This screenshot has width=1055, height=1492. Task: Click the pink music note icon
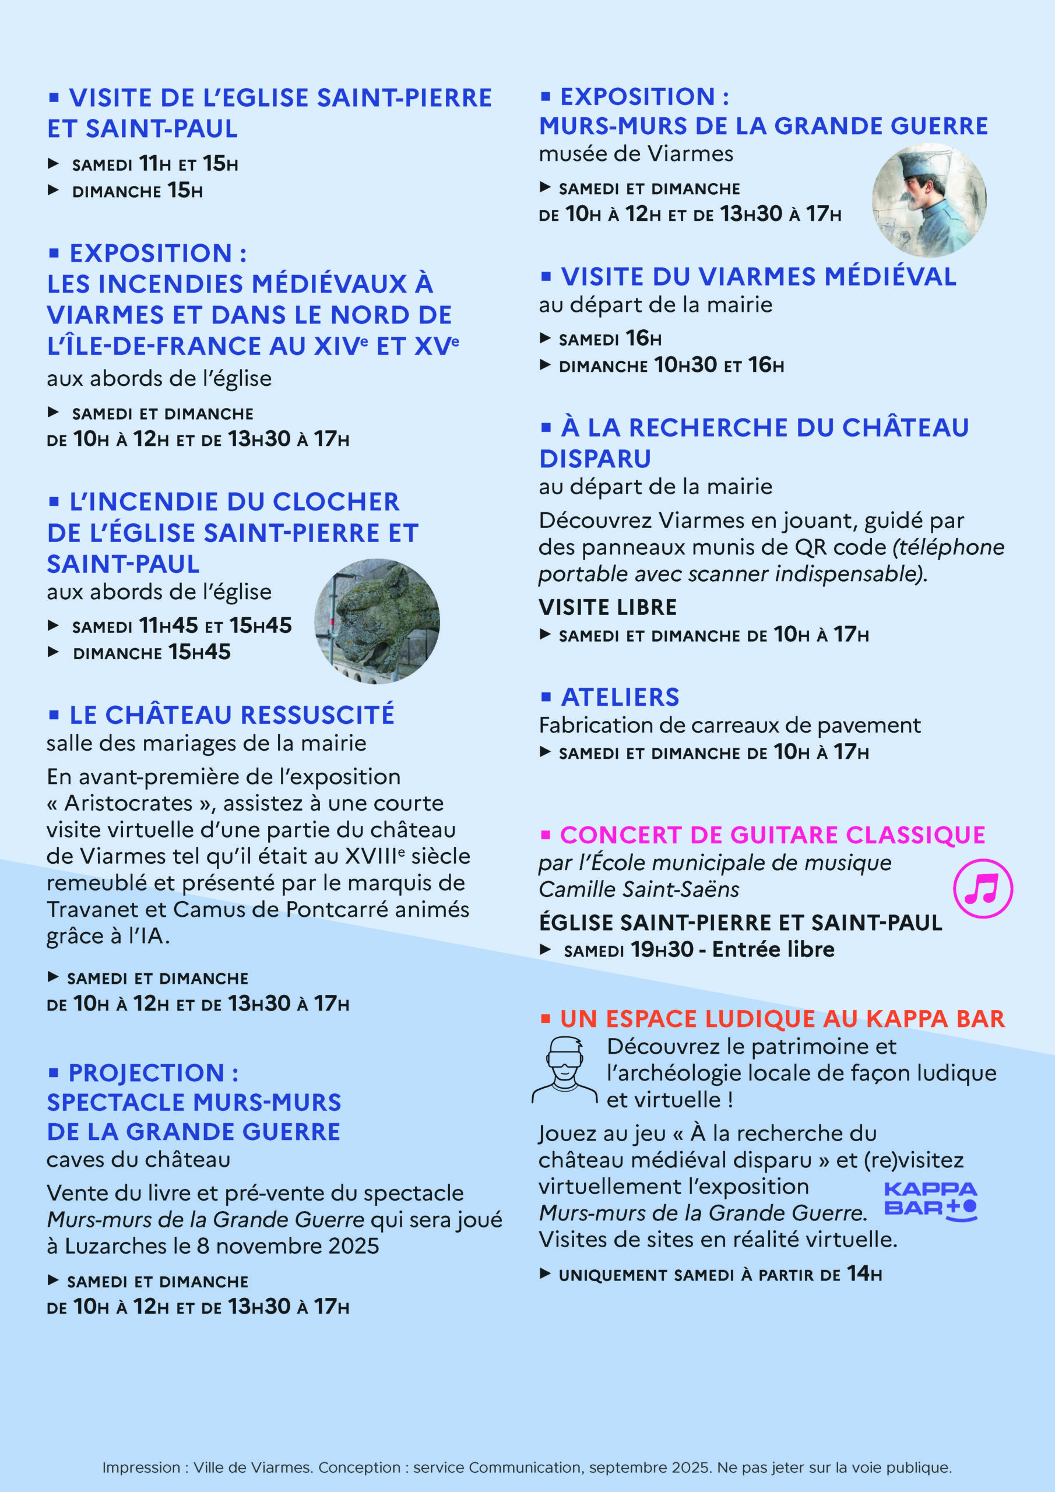[x=982, y=888]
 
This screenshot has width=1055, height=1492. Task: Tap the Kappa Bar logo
[x=930, y=1201]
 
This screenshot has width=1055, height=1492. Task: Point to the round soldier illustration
[x=929, y=200]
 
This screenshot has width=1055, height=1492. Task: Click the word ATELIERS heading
[x=620, y=696]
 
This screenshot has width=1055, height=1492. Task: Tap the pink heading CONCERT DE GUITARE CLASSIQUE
[x=772, y=835]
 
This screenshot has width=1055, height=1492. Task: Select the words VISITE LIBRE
[x=607, y=607]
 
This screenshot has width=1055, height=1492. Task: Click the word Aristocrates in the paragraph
[x=128, y=803]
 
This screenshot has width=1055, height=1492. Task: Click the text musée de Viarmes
[x=635, y=154]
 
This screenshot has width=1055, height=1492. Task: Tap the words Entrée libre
[x=773, y=949]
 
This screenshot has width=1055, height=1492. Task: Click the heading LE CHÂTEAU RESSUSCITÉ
[x=231, y=715]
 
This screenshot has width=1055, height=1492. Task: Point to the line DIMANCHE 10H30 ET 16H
[x=671, y=365]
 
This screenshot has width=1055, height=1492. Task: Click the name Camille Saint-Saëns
[x=638, y=889]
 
